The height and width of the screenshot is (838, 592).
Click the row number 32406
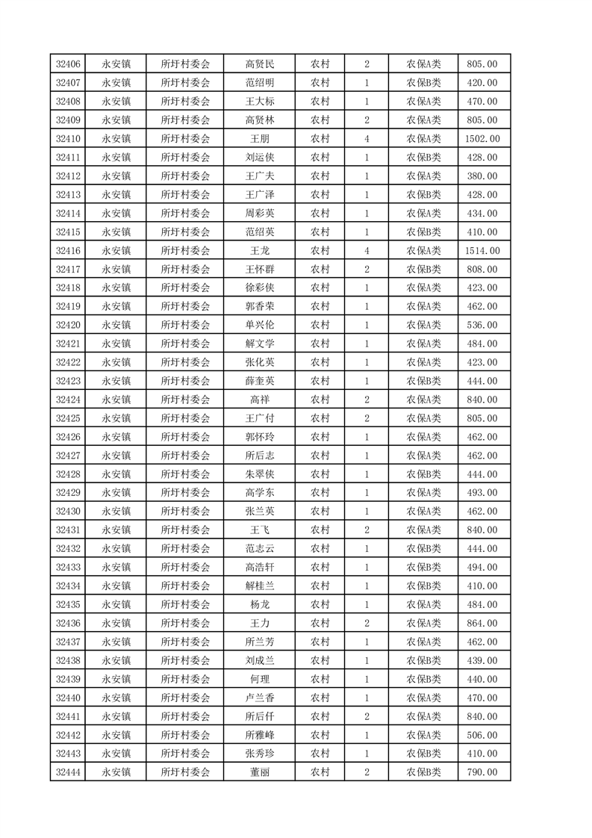click(68, 64)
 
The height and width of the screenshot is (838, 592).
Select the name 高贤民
click(259, 64)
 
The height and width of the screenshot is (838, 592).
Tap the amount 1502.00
click(482, 139)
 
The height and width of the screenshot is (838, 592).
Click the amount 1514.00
click(482, 251)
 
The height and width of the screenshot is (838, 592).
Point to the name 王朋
click(259, 139)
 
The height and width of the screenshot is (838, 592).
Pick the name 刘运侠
click(259, 158)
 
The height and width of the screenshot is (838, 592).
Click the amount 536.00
click(482, 325)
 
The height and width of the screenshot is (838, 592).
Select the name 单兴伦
click(259, 325)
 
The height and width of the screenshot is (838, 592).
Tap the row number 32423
click(68, 381)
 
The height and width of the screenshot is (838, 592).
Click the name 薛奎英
click(259, 381)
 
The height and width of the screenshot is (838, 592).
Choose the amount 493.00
click(482, 493)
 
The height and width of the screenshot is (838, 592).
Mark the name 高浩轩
click(259, 567)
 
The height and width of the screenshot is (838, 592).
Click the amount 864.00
click(482, 623)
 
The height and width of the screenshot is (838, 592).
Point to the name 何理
click(259, 679)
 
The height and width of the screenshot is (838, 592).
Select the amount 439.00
click(482, 660)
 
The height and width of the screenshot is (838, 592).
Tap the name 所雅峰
click(259, 735)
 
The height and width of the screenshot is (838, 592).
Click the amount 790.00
click(482, 772)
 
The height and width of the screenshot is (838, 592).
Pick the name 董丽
click(259, 772)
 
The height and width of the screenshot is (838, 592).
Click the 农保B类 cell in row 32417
click(423, 270)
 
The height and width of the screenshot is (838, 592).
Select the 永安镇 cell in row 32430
click(116, 512)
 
